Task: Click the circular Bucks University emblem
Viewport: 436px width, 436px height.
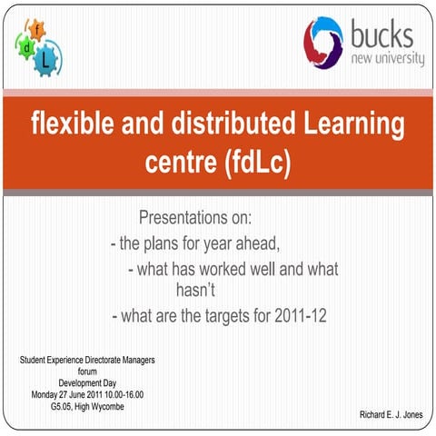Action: [323, 40]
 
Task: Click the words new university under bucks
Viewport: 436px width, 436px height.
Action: [386, 59]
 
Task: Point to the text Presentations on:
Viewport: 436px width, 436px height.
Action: [195, 220]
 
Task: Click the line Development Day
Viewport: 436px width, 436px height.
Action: [87, 383]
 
